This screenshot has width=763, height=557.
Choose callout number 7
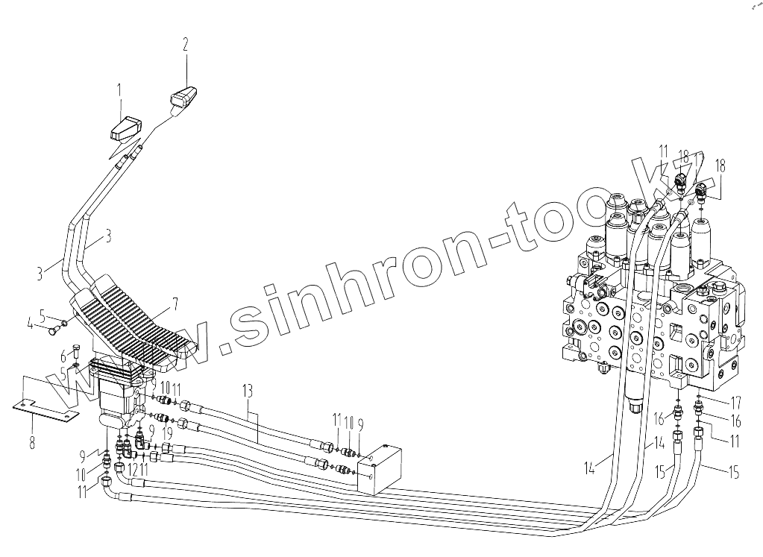coord(175,303)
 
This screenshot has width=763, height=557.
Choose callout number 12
coord(133,469)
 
